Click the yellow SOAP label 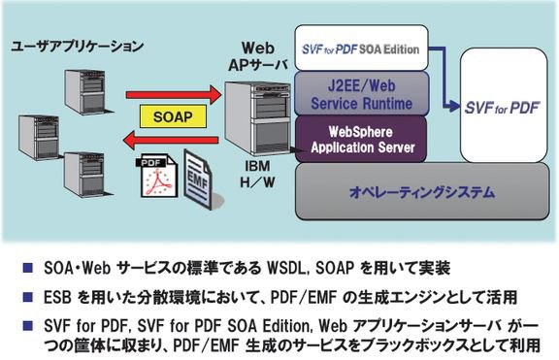tap(173, 116)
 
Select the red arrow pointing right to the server tap(174, 94)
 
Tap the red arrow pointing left tap(171, 140)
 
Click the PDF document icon tap(157, 176)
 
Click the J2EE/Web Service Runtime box tap(361, 94)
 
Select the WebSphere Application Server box tap(361, 140)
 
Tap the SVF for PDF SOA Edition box tap(361, 48)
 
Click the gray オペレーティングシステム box tap(422, 192)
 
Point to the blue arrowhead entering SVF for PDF tap(454, 105)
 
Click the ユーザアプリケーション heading tap(78, 47)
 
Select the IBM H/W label tap(257, 175)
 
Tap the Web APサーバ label tap(258, 56)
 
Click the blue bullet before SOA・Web tap(28, 268)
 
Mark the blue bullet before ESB tap(28, 297)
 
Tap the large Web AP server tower tap(257, 118)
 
